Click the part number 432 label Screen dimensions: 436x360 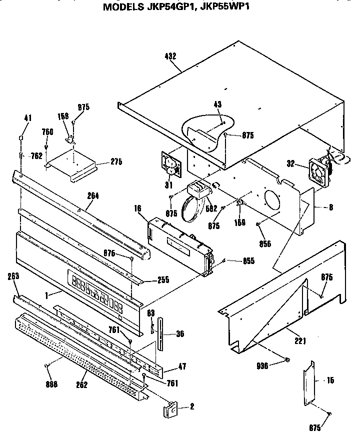coord(170,56)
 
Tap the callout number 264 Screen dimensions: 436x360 coord(92,196)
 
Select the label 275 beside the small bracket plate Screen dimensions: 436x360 coord(116,161)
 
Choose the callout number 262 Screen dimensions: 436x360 coord(81,384)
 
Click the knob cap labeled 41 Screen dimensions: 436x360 coord(21,137)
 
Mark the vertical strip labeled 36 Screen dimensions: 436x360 coord(160,333)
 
